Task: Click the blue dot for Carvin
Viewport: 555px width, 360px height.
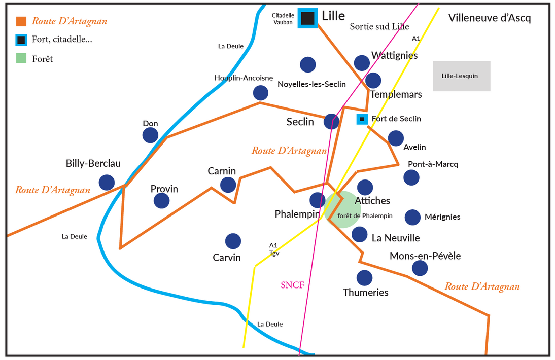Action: click(233, 241)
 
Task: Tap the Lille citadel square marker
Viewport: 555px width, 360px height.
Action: click(307, 18)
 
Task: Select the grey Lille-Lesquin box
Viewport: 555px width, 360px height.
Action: click(461, 76)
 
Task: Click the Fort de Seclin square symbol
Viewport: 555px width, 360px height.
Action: click(362, 119)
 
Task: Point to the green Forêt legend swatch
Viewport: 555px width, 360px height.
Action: click(21, 58)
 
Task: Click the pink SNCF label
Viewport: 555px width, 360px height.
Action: click(292, 285)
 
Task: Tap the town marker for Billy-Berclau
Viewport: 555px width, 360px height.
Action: click(107, 183)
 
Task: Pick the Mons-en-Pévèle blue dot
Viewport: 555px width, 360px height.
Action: click(420, 268)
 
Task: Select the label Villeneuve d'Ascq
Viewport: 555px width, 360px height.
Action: click(490, 18)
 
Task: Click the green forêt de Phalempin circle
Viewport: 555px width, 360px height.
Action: click(343, 209)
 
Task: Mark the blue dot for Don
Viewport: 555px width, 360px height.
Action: click(150, 135)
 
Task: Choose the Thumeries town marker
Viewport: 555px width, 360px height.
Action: click(364, 278)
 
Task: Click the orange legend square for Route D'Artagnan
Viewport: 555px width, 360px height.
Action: click(21, 21)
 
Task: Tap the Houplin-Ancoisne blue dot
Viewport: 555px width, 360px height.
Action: click(260, 93)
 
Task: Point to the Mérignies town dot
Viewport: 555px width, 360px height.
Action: click(412, 217)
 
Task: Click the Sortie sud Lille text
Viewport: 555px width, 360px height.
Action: click(379, 27)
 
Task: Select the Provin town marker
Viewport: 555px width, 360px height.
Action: click(161, 201)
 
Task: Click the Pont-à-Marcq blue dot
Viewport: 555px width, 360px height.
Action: click(411, 177)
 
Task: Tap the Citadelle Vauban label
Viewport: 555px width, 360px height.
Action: click(283, 19)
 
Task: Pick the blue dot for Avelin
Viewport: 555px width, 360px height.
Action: click(396, 138)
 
